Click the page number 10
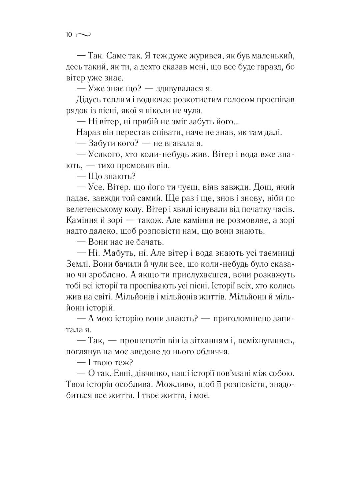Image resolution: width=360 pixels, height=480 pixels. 69,34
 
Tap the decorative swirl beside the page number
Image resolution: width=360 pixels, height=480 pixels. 83,34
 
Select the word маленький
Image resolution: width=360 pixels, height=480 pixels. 271,55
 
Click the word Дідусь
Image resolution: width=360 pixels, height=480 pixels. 88,100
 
